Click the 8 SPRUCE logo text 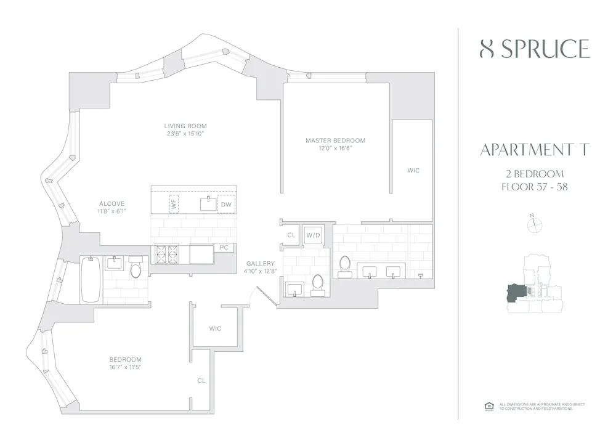click(x=534, y=49)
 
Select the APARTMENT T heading click(x=534, y=150)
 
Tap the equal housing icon click(x=490, y=405)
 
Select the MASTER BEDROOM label click(x=335, y=141)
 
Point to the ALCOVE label click(x=112, y=204)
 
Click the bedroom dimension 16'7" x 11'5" click(x=126, y=367)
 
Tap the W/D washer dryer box click(x=312, y=235)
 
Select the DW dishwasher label click(x=226, y=204)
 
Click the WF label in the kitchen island click(x=174, y=204)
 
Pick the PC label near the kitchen click(x=224, y=247)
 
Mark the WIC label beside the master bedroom click(x=413, y=170)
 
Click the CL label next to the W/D click(x=291, y=235)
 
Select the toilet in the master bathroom click(x=345, y=265)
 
